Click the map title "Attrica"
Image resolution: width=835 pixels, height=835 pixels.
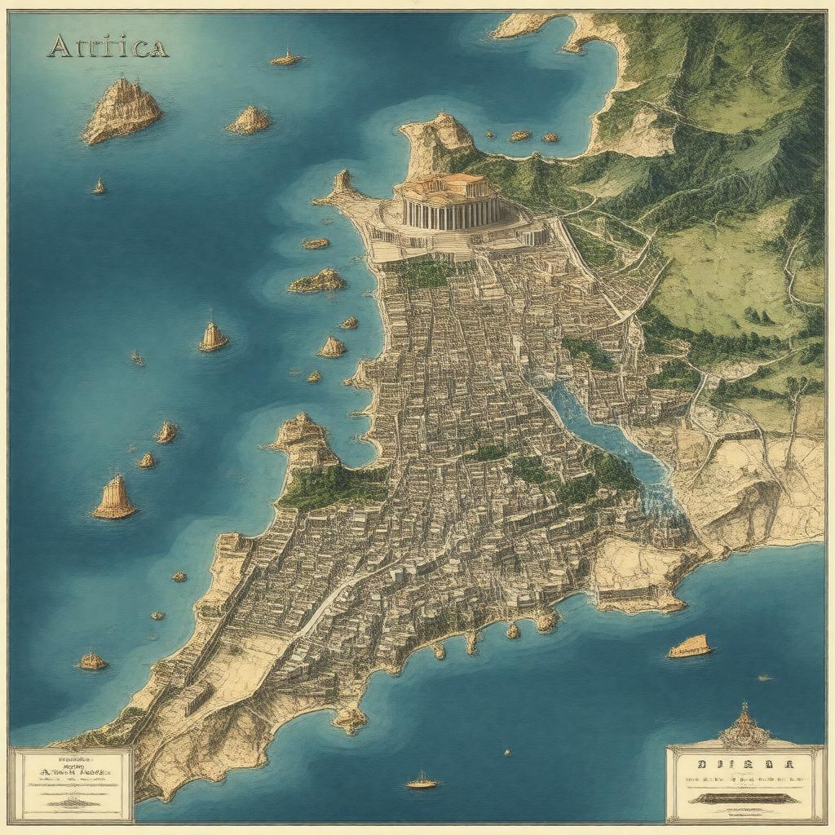click(x=107, y=47)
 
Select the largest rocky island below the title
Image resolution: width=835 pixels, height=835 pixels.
click(x=122, y=111)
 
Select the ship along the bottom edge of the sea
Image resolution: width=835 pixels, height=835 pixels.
click(x=422, y=782)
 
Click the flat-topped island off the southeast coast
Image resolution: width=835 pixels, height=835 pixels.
click(x=689, y=647)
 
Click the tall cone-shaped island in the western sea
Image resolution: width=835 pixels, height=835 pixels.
click(x=114, y=498)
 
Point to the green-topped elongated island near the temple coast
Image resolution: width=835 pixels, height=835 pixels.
click(x=317, y=282)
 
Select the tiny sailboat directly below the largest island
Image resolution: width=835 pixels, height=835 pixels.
click(x=99, y=187)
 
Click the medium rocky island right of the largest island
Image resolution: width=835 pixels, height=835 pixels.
click(x=249, y=121)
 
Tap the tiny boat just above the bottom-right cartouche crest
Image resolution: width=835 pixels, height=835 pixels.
click(x=763, y=677)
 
